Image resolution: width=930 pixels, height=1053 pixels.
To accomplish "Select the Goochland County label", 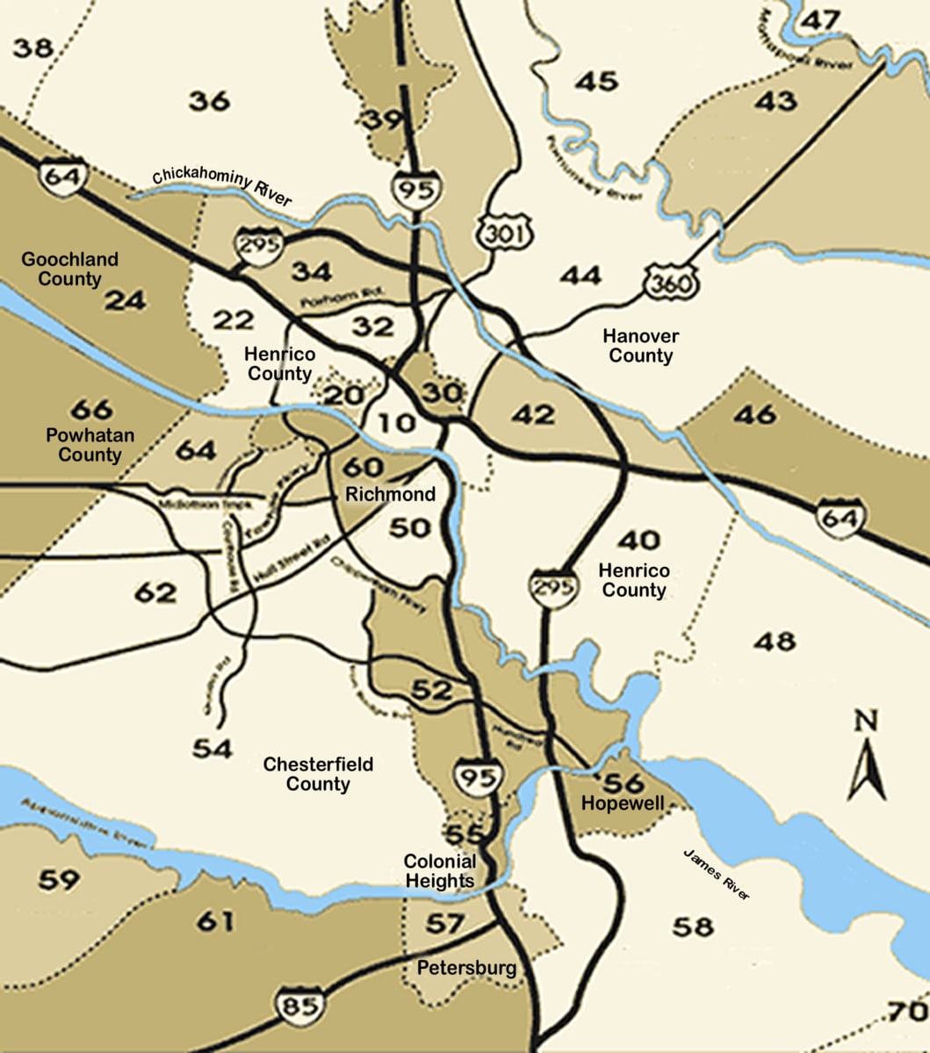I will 69,269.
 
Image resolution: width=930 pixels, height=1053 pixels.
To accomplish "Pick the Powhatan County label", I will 83,445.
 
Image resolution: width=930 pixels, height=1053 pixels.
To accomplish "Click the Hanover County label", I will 640,346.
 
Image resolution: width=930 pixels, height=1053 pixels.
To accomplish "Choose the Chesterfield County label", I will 318,774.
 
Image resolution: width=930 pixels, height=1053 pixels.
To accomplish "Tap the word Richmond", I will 390,494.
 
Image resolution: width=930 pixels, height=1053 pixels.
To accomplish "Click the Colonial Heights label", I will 440,870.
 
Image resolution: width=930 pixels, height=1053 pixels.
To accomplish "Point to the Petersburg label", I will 465,969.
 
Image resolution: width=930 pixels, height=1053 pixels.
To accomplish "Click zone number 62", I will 155,593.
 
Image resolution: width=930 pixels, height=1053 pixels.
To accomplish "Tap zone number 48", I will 774,641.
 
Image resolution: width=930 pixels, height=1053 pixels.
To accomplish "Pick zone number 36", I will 210,101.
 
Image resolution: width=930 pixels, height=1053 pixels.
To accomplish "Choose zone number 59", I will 60,878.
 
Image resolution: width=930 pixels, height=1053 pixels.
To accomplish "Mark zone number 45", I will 597,82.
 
